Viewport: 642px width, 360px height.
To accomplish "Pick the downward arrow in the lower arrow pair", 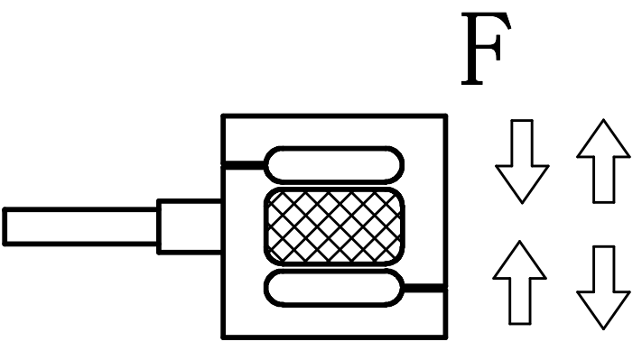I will coord(603,283).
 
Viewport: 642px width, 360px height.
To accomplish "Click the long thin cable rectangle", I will coord(80,226).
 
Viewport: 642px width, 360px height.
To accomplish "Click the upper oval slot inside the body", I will coord(334,165).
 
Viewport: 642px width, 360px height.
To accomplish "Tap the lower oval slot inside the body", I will coord(334,288).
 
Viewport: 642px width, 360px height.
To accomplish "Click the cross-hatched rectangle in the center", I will coord(333,226).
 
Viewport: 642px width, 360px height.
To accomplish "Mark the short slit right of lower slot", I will coord(424,288).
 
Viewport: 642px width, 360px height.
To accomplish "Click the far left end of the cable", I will coord(5,226).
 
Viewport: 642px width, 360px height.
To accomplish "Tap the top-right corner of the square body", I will coord(446,115).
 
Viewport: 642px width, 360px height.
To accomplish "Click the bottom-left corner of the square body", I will coord(224,337).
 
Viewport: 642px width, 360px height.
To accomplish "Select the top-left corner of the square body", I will coord(224,115).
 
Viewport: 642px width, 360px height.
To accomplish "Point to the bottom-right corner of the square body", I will coord(446,337).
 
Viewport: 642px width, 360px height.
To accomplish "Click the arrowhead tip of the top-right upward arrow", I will coord(603,122).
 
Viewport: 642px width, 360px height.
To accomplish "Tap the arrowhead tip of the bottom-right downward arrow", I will coord(603,327).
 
